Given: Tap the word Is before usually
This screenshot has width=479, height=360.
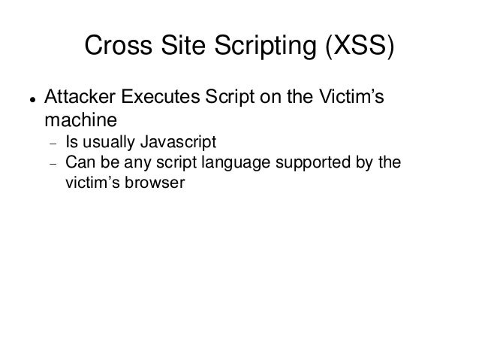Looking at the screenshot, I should [x=72, y=142].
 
